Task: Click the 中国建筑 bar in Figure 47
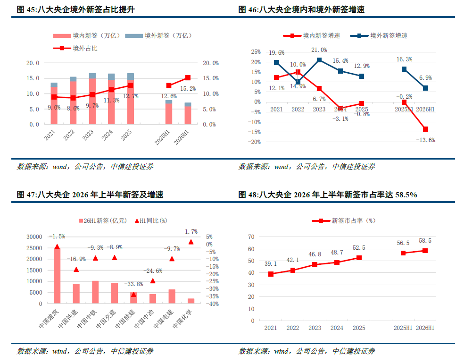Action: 57,276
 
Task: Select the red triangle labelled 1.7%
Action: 191,242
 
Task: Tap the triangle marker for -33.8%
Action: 133,295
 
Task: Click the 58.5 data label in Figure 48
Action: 425,241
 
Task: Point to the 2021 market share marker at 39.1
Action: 271,274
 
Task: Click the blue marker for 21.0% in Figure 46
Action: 319,60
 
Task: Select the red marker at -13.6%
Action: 425,129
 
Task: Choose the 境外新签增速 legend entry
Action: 379,36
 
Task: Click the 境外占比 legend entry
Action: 75,48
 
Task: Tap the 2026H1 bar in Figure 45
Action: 188,113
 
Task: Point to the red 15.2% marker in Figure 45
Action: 188,77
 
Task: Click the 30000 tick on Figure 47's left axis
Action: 34,237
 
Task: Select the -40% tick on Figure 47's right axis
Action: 213,304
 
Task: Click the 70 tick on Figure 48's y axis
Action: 251,237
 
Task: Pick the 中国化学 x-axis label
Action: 182,319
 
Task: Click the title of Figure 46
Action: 301,10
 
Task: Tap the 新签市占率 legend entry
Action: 344,220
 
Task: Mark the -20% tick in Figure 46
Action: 255,142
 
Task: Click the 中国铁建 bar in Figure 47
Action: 76,294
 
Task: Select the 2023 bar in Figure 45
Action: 92,99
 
